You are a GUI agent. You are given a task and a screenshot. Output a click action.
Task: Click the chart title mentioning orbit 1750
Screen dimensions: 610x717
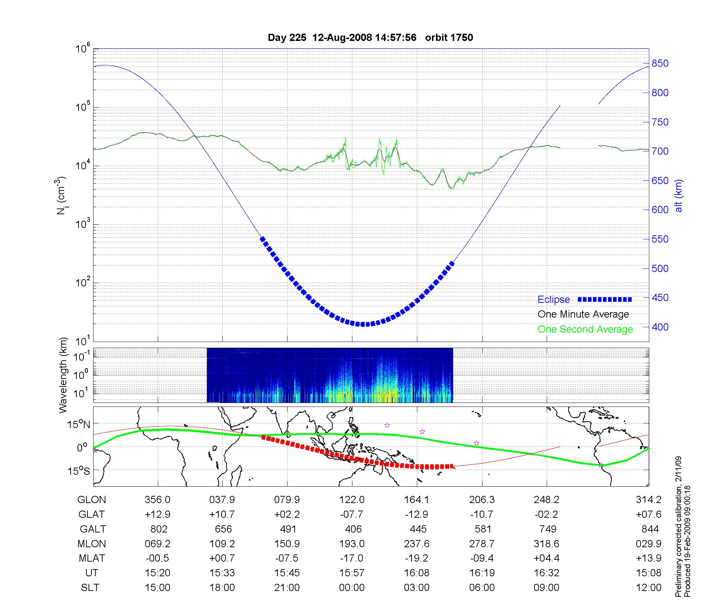click(x=370, y=38)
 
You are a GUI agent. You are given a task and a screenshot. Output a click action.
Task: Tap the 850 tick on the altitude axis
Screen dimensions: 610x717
click(x=660, y=64)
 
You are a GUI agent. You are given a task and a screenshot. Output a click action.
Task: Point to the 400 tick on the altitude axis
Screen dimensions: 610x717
click(x=660, y=327)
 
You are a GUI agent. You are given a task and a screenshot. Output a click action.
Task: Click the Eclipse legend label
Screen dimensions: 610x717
click(x=554, y=300)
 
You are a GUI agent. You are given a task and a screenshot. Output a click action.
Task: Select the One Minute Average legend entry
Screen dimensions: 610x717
click(x=583, y=314)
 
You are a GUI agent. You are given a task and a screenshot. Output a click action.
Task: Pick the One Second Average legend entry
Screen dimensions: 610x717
click(x=585, y=329)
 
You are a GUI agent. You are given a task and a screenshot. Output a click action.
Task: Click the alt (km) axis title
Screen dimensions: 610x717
click(x=678, y=196)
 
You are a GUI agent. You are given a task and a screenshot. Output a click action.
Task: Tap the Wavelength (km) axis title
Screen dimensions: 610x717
click(x=63, y=375)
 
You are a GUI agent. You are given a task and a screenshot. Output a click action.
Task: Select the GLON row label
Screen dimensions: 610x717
click(x=92, y=500)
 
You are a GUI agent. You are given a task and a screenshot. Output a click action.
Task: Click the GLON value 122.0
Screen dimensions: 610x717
click(x=352, y=500)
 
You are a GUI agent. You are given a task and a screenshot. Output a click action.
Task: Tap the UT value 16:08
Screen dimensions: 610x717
click(x=417, y=573)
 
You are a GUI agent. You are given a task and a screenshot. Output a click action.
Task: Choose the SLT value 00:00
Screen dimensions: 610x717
click(x=352, y=588)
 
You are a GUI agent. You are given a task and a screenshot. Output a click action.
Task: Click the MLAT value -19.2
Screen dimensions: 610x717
click(x=417, y=558)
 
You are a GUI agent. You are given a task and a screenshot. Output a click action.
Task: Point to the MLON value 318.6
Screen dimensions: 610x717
click(x=546, y=544)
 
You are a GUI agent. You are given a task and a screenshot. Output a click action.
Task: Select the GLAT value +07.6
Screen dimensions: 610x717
click(x=648, y=515)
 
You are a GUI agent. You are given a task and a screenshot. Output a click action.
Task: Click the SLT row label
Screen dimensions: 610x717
click(x=90, y=588)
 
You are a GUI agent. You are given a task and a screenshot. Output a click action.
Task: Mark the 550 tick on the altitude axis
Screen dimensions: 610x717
click(x=660, y=239)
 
